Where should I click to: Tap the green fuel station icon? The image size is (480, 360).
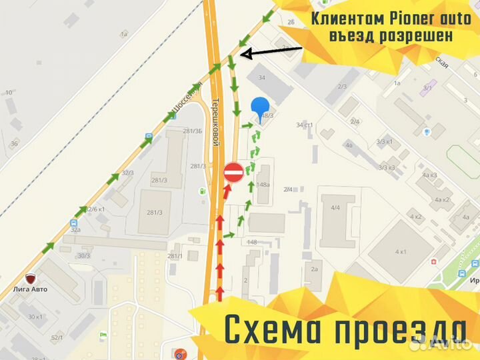(x=200, y=191)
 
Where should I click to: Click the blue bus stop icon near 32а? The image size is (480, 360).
(x=73, y=223)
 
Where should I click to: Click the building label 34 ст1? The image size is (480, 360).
(x=305, y=125)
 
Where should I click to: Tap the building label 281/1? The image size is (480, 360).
(x=175, y=256)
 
